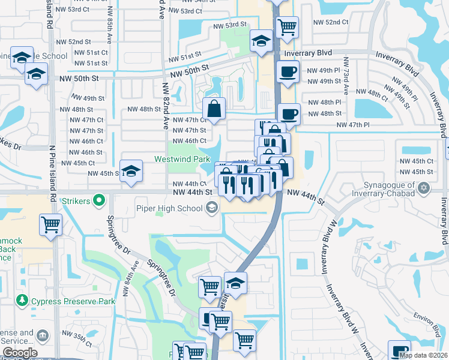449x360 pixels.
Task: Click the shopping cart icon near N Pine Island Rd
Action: tap(51, 224)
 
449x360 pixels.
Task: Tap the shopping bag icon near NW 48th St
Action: tap(214, 109)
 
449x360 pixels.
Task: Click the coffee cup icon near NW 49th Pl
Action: tap(288, 72)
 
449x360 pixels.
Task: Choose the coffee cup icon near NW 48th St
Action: tap(289, 113)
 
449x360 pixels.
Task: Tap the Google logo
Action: tap(20, 353)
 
